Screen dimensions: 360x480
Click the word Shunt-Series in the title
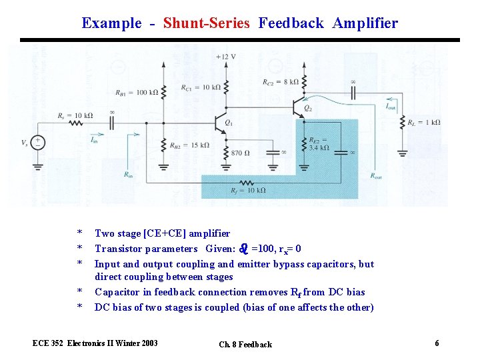(x=206, y=23)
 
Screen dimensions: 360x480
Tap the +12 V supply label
(x=226, y=57)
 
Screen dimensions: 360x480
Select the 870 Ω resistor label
(x=240, y=153)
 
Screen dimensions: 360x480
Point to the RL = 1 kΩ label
(x=426, y=123)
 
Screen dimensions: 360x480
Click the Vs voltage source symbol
(x=39, y=143)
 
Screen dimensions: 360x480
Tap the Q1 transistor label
(x=229, y=123)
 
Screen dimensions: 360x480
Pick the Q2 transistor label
(x=307, y=107)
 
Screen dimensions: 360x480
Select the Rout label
(x=377, y=176)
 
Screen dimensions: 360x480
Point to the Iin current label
(x=95, y=140)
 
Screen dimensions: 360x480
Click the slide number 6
(x=437, y=343)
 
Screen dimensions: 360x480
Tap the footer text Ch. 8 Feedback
(x=245, y=345)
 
